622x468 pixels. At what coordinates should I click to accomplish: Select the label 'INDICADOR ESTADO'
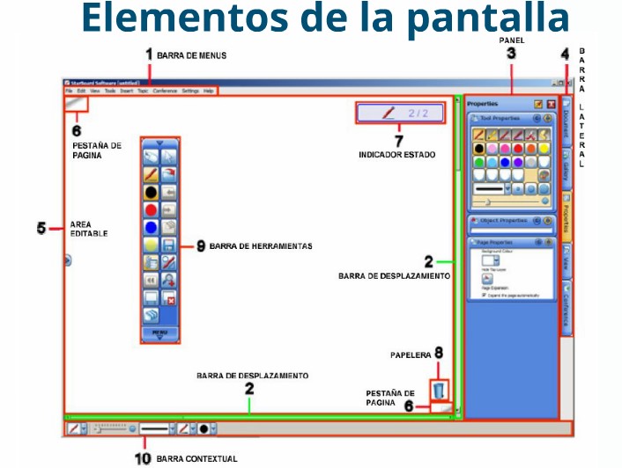[x=396, y=154]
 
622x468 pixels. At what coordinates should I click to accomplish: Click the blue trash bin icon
[x=439, y=390]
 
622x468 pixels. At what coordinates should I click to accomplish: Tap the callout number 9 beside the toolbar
[x=201, y=247]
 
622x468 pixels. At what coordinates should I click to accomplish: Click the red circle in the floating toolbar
[x=152, y=208]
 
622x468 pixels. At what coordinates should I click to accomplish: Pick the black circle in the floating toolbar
[x=152, y=190]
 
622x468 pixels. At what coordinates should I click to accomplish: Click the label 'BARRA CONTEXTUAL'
[x=196, y=458]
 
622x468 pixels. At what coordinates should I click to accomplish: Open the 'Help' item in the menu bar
[x=209, y=91]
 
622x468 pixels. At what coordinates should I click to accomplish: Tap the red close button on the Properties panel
[x=551, y=104]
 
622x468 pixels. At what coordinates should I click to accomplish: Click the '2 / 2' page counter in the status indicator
[x=418, y=113]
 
